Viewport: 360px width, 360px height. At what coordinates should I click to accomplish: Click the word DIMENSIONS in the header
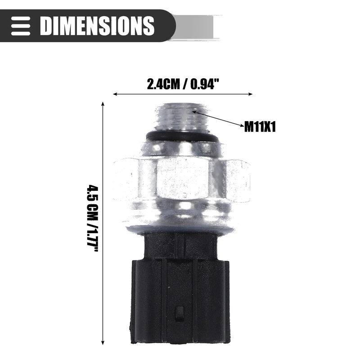coord(97,26)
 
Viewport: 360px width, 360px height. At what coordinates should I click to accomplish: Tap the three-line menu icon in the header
coord(21,26)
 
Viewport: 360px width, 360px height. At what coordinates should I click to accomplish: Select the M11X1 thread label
coord(260,126)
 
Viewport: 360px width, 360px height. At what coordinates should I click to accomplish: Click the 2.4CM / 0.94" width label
coord(183,84)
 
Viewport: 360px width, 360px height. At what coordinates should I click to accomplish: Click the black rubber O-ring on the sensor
coord(182,137)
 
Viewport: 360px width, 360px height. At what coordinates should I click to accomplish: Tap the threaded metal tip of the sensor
coord(182,117)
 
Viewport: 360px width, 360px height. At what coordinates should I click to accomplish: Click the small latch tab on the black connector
coord(179,313)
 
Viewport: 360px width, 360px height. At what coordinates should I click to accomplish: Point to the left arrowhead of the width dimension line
coord(115,94)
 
